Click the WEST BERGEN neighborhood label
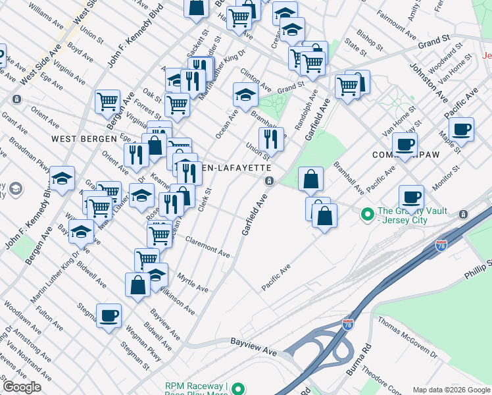point(80,139)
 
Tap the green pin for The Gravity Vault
point(366,214)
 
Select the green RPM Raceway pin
point(239,389)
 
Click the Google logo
point(22,387)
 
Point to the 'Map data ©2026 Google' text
point(451,390)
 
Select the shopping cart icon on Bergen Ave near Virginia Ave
point(107,101)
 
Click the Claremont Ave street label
point(207,246)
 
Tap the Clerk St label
point(205,200)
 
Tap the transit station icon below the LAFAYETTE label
point(269,181)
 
